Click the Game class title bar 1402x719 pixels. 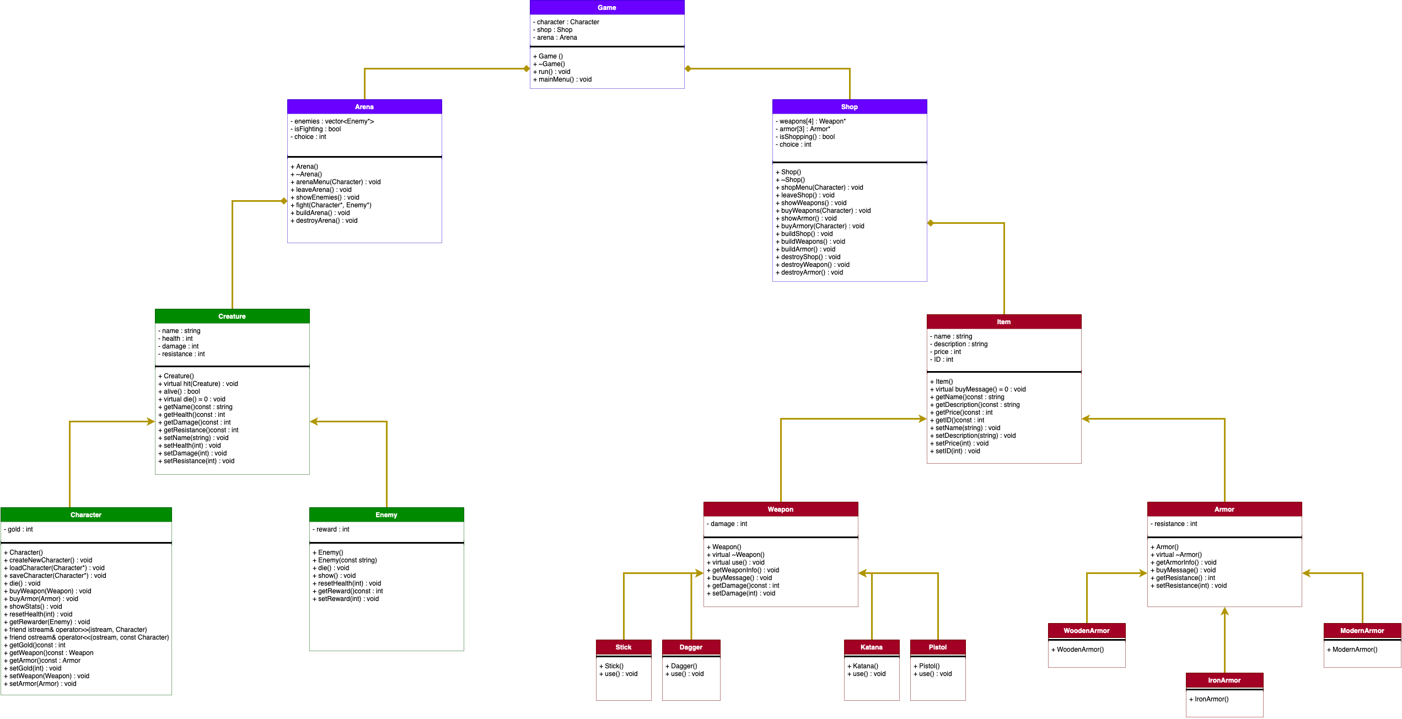pos(606,8)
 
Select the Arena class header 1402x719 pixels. pos(364,107)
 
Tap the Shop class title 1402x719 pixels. pos(849,107)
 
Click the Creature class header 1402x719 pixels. pos(232,316)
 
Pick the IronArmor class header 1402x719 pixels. pos(1224,680)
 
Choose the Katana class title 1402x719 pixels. pos(871,647)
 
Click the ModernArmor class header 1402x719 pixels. pos(1362,631)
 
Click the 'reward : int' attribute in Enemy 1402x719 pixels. pos(331,529)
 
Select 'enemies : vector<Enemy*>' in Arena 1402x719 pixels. pos(332,121)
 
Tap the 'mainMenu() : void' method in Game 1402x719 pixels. pos(562,79)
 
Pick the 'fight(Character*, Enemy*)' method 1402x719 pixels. pos(331,205)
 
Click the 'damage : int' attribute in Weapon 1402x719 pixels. pos(727,524)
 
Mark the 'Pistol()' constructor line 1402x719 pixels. pos(927,666)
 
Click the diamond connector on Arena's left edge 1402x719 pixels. pos(284,201)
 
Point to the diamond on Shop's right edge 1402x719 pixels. pos(931,223)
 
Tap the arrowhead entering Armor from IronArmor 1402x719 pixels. pos(1224,611)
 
